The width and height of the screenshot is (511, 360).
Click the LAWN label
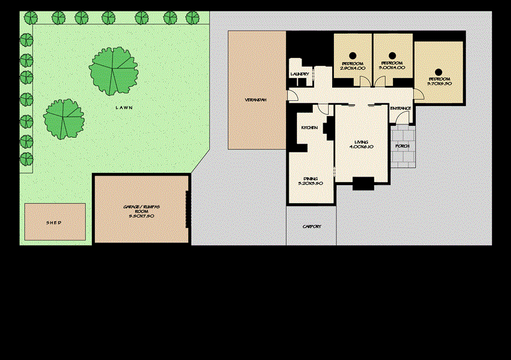[124, 108]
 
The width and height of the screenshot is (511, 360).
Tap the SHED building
[54, 222]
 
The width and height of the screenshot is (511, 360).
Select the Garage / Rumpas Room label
[142, 211]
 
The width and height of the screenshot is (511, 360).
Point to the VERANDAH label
[256, 100]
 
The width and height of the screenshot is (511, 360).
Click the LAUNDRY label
[300, 75]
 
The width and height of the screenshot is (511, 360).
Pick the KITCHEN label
[309, 128]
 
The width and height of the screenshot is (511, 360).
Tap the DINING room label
[310, 181]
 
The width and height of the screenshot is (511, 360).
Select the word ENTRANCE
[400, 109]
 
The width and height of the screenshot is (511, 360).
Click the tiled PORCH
[403, 146]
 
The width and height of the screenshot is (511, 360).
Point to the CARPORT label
[311, 227]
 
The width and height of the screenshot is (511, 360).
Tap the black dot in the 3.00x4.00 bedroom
[391, 54]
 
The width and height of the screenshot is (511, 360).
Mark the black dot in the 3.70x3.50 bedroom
[439, 71]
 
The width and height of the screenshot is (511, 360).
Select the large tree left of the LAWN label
[64, 118]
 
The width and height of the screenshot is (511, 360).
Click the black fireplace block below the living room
[363, 184]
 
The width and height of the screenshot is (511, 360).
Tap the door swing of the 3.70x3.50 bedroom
[419, 94]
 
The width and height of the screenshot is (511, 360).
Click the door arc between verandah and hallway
[292, 96]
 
